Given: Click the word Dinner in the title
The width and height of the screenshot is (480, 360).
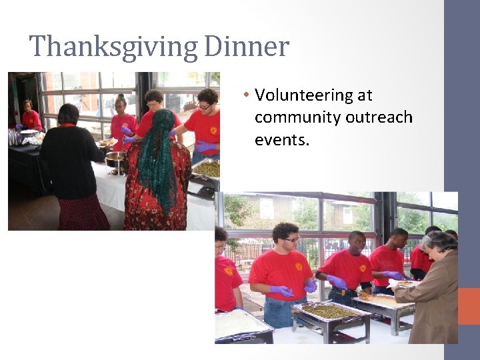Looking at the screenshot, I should point(247,47).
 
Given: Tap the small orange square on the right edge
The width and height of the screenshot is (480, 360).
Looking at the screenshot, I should point(469,306).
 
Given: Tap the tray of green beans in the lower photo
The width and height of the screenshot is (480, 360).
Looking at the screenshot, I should point(329,311).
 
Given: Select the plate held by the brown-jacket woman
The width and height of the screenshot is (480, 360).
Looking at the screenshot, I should point(403,283).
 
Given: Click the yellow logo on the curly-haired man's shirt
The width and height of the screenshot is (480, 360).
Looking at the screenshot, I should point(298,267).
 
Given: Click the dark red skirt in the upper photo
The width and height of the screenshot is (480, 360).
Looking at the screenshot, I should point(83,213).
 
